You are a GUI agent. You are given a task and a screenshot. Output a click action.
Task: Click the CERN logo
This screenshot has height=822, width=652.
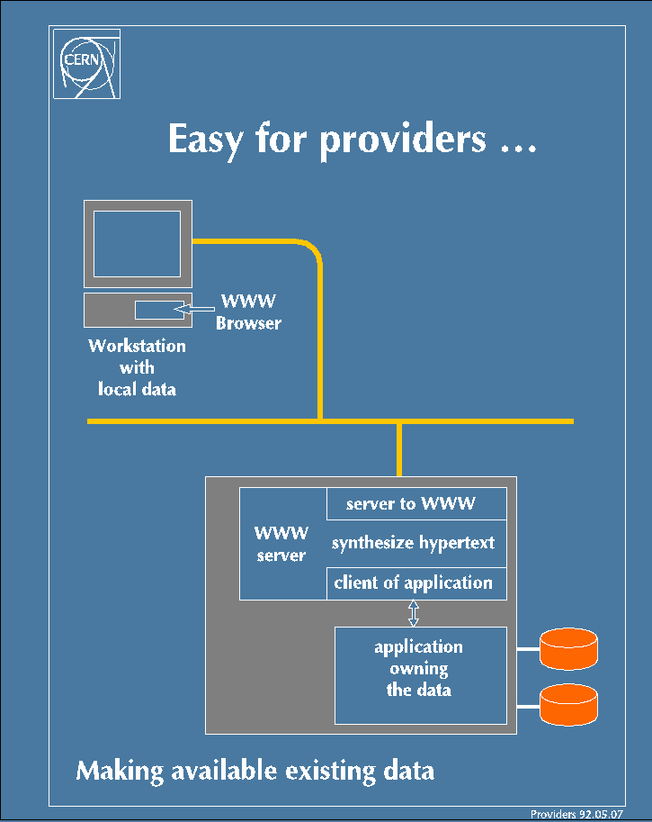click(x=87, y=64)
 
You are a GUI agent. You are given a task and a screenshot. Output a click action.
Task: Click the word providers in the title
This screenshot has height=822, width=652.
click(x=403, y=140)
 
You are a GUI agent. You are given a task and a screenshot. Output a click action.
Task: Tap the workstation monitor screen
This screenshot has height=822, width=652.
click(x=138, y=244)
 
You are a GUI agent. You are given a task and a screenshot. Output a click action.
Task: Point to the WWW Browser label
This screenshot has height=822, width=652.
click(x=248, y=312)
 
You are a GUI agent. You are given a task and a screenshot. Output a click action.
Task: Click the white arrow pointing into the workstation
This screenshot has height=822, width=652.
click(x=193, y=309)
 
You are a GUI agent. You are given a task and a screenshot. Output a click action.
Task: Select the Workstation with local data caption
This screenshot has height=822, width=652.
click(x=137, y=367)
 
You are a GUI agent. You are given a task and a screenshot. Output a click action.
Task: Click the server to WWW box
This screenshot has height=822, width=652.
click(x=416, y=504)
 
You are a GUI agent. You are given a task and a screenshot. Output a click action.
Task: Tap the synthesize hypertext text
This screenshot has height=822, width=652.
click(x=413, y=543)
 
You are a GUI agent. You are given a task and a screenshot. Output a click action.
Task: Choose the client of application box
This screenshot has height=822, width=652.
click(x=416, y=583)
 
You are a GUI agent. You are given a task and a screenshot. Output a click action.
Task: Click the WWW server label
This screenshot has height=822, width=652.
click(x=281, y=544)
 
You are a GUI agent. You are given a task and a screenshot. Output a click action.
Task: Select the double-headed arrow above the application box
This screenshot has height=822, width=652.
click(x=413, y=613)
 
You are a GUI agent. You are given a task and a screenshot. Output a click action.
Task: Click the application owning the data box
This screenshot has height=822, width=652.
click(x=421, y=675)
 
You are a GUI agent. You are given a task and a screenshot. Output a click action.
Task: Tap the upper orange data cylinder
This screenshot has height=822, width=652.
click(x=568, y=648)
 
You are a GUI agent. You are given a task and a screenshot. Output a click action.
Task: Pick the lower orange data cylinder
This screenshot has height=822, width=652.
click(x=568, y=705)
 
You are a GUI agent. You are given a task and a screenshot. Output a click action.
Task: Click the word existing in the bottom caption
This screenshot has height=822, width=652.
click(x=330, y=772)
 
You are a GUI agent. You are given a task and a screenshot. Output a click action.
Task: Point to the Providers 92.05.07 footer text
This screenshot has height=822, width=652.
click(x=576, y=814)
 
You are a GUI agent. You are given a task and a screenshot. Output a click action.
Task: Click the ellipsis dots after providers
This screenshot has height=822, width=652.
click(x=519, y=149)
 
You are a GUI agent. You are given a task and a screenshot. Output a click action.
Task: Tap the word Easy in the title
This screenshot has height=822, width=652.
click(x=206, y=140)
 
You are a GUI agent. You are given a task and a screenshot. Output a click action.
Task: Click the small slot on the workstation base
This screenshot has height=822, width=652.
click(x=160, y=310)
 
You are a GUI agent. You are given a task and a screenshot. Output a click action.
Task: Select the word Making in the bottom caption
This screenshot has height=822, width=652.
click(x=120, y=772)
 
